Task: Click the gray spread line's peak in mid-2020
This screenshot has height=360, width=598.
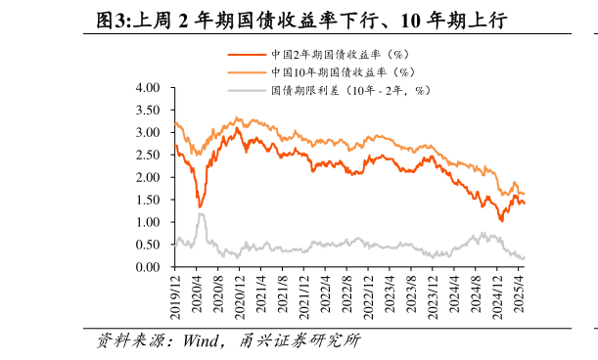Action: coord(201,213)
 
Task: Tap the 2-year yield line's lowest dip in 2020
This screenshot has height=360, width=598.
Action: coord(200,207)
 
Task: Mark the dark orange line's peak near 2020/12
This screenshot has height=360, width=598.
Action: coord(238,127)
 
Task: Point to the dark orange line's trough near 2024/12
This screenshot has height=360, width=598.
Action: coord(502,221)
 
